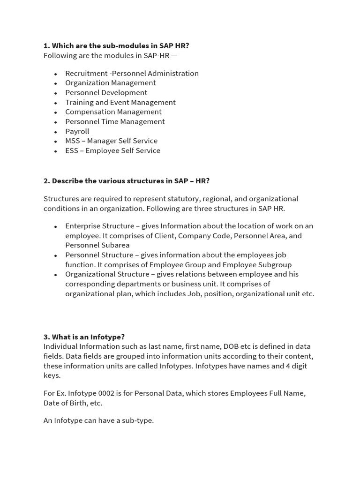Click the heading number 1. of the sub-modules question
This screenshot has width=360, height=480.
pyautogui.click(x=47, y=46)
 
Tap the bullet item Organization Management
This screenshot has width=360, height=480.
pyautogui.click(x=110, y=83)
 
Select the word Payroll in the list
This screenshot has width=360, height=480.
pyautogui.click(x=77, y=131)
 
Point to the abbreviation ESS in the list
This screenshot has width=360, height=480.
pyautogui.click(x=72, y=150)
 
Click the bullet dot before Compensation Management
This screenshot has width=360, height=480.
pyautogui.click(x=55, y=112)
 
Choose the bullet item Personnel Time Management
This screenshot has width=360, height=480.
pyautogui.click(x=115, y=121)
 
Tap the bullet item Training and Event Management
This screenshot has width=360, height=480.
pyautogui.click(x=120, y=102)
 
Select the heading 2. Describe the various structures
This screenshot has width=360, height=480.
pyautogui.click(x=126, y=181)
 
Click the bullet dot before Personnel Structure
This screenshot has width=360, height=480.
pyautogui.click(x=55, y=255)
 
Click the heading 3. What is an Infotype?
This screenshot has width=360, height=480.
pyautogui.click(x=84, y=337)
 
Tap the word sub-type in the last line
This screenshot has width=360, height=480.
pyautogui.click(x=138, y=420)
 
